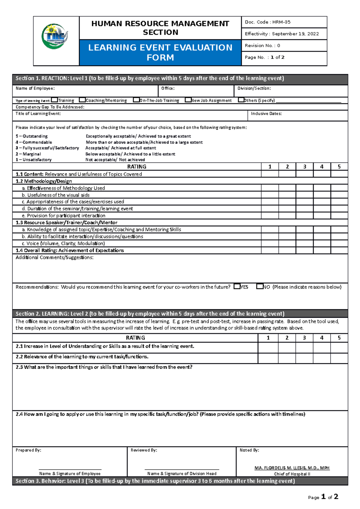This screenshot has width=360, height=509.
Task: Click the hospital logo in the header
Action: coord(55,37)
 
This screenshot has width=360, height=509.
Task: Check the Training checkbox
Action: coord(54,100)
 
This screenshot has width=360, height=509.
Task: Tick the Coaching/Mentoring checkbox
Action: coord(82,100)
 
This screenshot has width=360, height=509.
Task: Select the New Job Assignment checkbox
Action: coord(188,100)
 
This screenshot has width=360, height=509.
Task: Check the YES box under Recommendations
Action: coord(237,286)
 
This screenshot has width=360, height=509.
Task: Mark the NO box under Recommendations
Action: coord(259,286)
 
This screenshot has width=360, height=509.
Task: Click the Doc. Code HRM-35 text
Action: coord(268,22)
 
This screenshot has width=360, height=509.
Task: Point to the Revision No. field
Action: coord(262,46)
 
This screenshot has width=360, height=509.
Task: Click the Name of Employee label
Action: coord(35,88)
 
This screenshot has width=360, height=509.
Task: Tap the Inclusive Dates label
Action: coord(266,114)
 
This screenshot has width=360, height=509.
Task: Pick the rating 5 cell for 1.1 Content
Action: coord(339,174)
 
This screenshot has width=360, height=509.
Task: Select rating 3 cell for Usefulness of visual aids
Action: coord(304,195)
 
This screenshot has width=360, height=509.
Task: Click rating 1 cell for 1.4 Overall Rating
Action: coord(270,250)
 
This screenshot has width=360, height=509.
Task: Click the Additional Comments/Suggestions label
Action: coord(55,257)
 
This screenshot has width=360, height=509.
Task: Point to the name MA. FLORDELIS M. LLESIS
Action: coord(292,468)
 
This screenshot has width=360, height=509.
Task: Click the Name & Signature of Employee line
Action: coord(70,471)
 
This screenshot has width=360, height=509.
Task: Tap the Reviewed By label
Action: coord(144,450)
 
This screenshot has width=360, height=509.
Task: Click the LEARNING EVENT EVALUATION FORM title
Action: coord(160,52)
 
